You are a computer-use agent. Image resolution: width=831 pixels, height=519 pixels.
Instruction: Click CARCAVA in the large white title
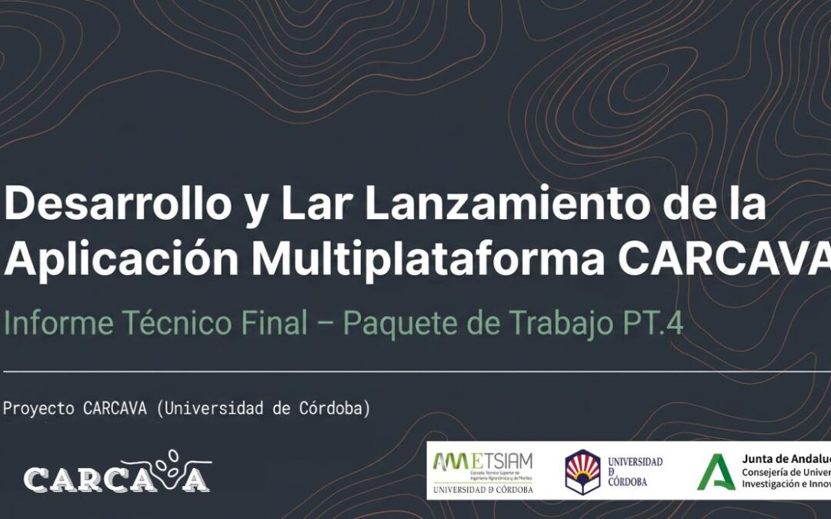[723, 259]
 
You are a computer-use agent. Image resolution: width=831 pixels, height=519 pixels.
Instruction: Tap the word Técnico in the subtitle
[162, 324]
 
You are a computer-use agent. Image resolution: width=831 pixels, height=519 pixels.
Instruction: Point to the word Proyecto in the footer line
[39, 409]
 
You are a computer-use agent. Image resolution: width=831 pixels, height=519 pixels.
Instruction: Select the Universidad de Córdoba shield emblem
[582, 471]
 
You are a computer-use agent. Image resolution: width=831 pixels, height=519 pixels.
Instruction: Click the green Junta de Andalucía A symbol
[712, 471]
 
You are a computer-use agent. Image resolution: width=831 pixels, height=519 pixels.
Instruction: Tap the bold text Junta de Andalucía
[785, 457]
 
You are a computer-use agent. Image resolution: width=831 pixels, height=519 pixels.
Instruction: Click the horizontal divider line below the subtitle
[415, 371]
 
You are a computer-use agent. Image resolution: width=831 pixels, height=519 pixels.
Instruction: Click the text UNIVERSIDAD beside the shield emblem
[635, 461]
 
